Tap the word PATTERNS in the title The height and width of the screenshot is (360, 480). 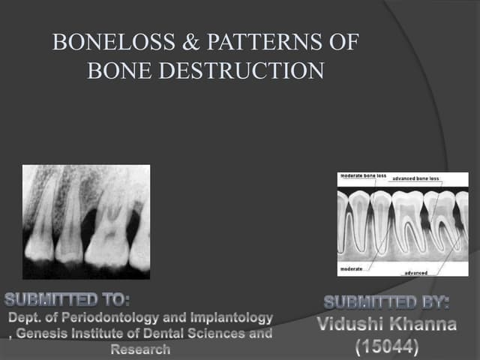coord(272,43)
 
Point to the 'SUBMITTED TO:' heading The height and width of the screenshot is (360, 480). coord(67,301)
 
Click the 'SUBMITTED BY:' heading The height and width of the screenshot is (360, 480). coord(386,304)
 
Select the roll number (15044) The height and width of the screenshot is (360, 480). coord(386,347)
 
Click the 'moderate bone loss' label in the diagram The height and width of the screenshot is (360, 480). coord(364,175)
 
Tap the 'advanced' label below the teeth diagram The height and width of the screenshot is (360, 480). coord(416,273)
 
